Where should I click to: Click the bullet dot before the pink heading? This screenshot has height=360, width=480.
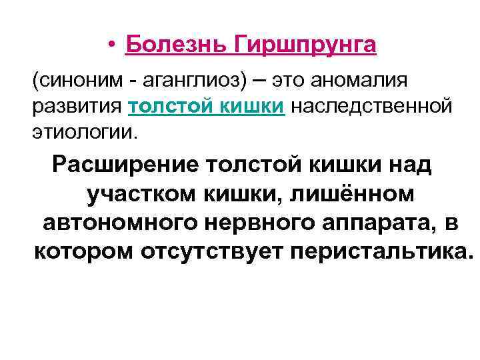pyautogui.click(x=115, y=46)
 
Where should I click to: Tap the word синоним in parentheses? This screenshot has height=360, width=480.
pyautogui.click(x=68, y=81)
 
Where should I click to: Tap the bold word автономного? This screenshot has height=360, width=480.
pyautogui.click(x=113, y=223)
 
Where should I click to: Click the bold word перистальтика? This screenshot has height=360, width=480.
pyautogui.click(x=385, y=253)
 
